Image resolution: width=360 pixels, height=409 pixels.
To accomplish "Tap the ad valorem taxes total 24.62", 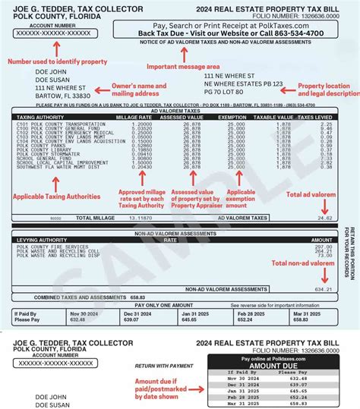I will point(324,217).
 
